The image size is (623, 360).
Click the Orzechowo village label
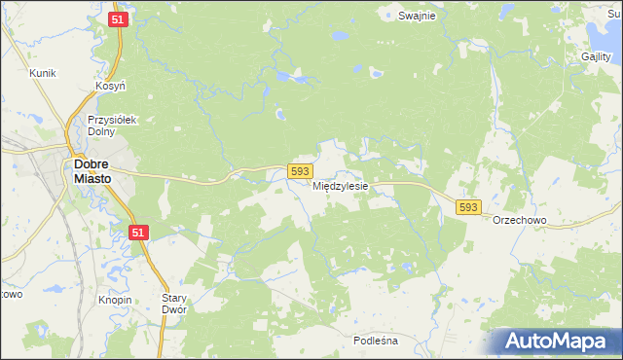click(x=519, y=221)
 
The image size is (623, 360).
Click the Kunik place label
click(x=42, y=73)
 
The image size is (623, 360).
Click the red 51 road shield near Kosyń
click(x=118, y=19)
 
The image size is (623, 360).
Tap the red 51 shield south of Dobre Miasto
click(x=140, y=231)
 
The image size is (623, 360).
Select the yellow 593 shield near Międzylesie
click(x=300, y=171)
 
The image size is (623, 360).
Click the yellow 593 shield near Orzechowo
click(x=468, y=207)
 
